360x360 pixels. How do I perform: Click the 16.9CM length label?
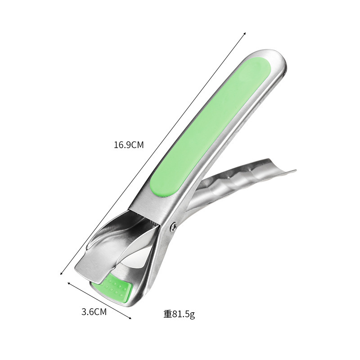129,145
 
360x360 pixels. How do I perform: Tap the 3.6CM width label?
94,312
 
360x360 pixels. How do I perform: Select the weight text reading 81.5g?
184,314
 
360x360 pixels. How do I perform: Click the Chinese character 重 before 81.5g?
167,314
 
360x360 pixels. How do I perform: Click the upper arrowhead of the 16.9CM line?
245,33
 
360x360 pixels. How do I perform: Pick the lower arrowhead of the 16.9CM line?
61,274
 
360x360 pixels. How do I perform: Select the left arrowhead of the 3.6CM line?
68,283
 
